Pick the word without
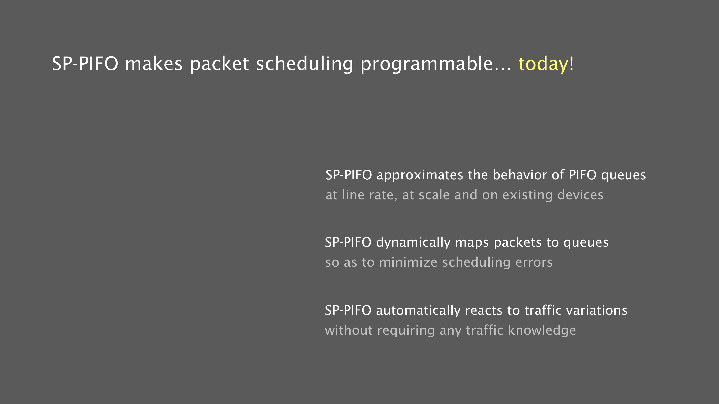point(349,330)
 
